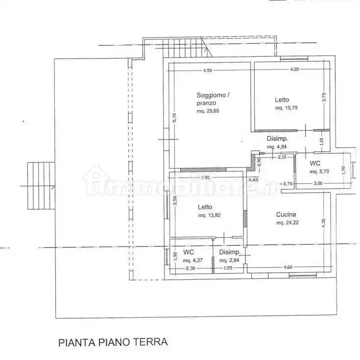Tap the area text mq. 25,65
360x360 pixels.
(208, 112)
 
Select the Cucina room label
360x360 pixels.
(286, 214)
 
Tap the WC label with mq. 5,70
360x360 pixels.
(315, 163)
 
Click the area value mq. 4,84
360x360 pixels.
(277, 146)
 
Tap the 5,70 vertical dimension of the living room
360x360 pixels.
(174, 118)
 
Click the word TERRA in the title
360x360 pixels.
(150, 341)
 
